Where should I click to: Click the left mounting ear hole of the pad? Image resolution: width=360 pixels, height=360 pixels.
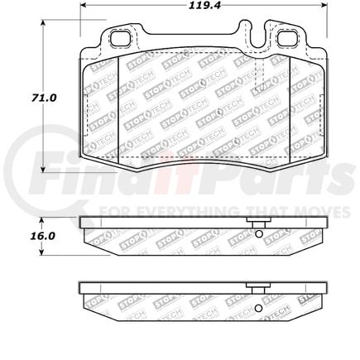click(x=122, y=38)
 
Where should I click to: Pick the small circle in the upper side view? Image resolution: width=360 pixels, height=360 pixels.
click(x=259, y=233)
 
